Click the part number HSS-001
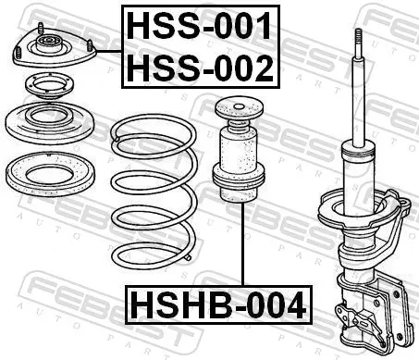199,26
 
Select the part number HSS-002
200,68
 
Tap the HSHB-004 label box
218,304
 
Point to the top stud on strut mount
41,28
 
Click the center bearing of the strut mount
48,43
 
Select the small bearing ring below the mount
49,85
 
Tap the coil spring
154,192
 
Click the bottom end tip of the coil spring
189,258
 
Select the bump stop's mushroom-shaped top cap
239,109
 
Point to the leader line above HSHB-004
243,244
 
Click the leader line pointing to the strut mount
109,52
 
